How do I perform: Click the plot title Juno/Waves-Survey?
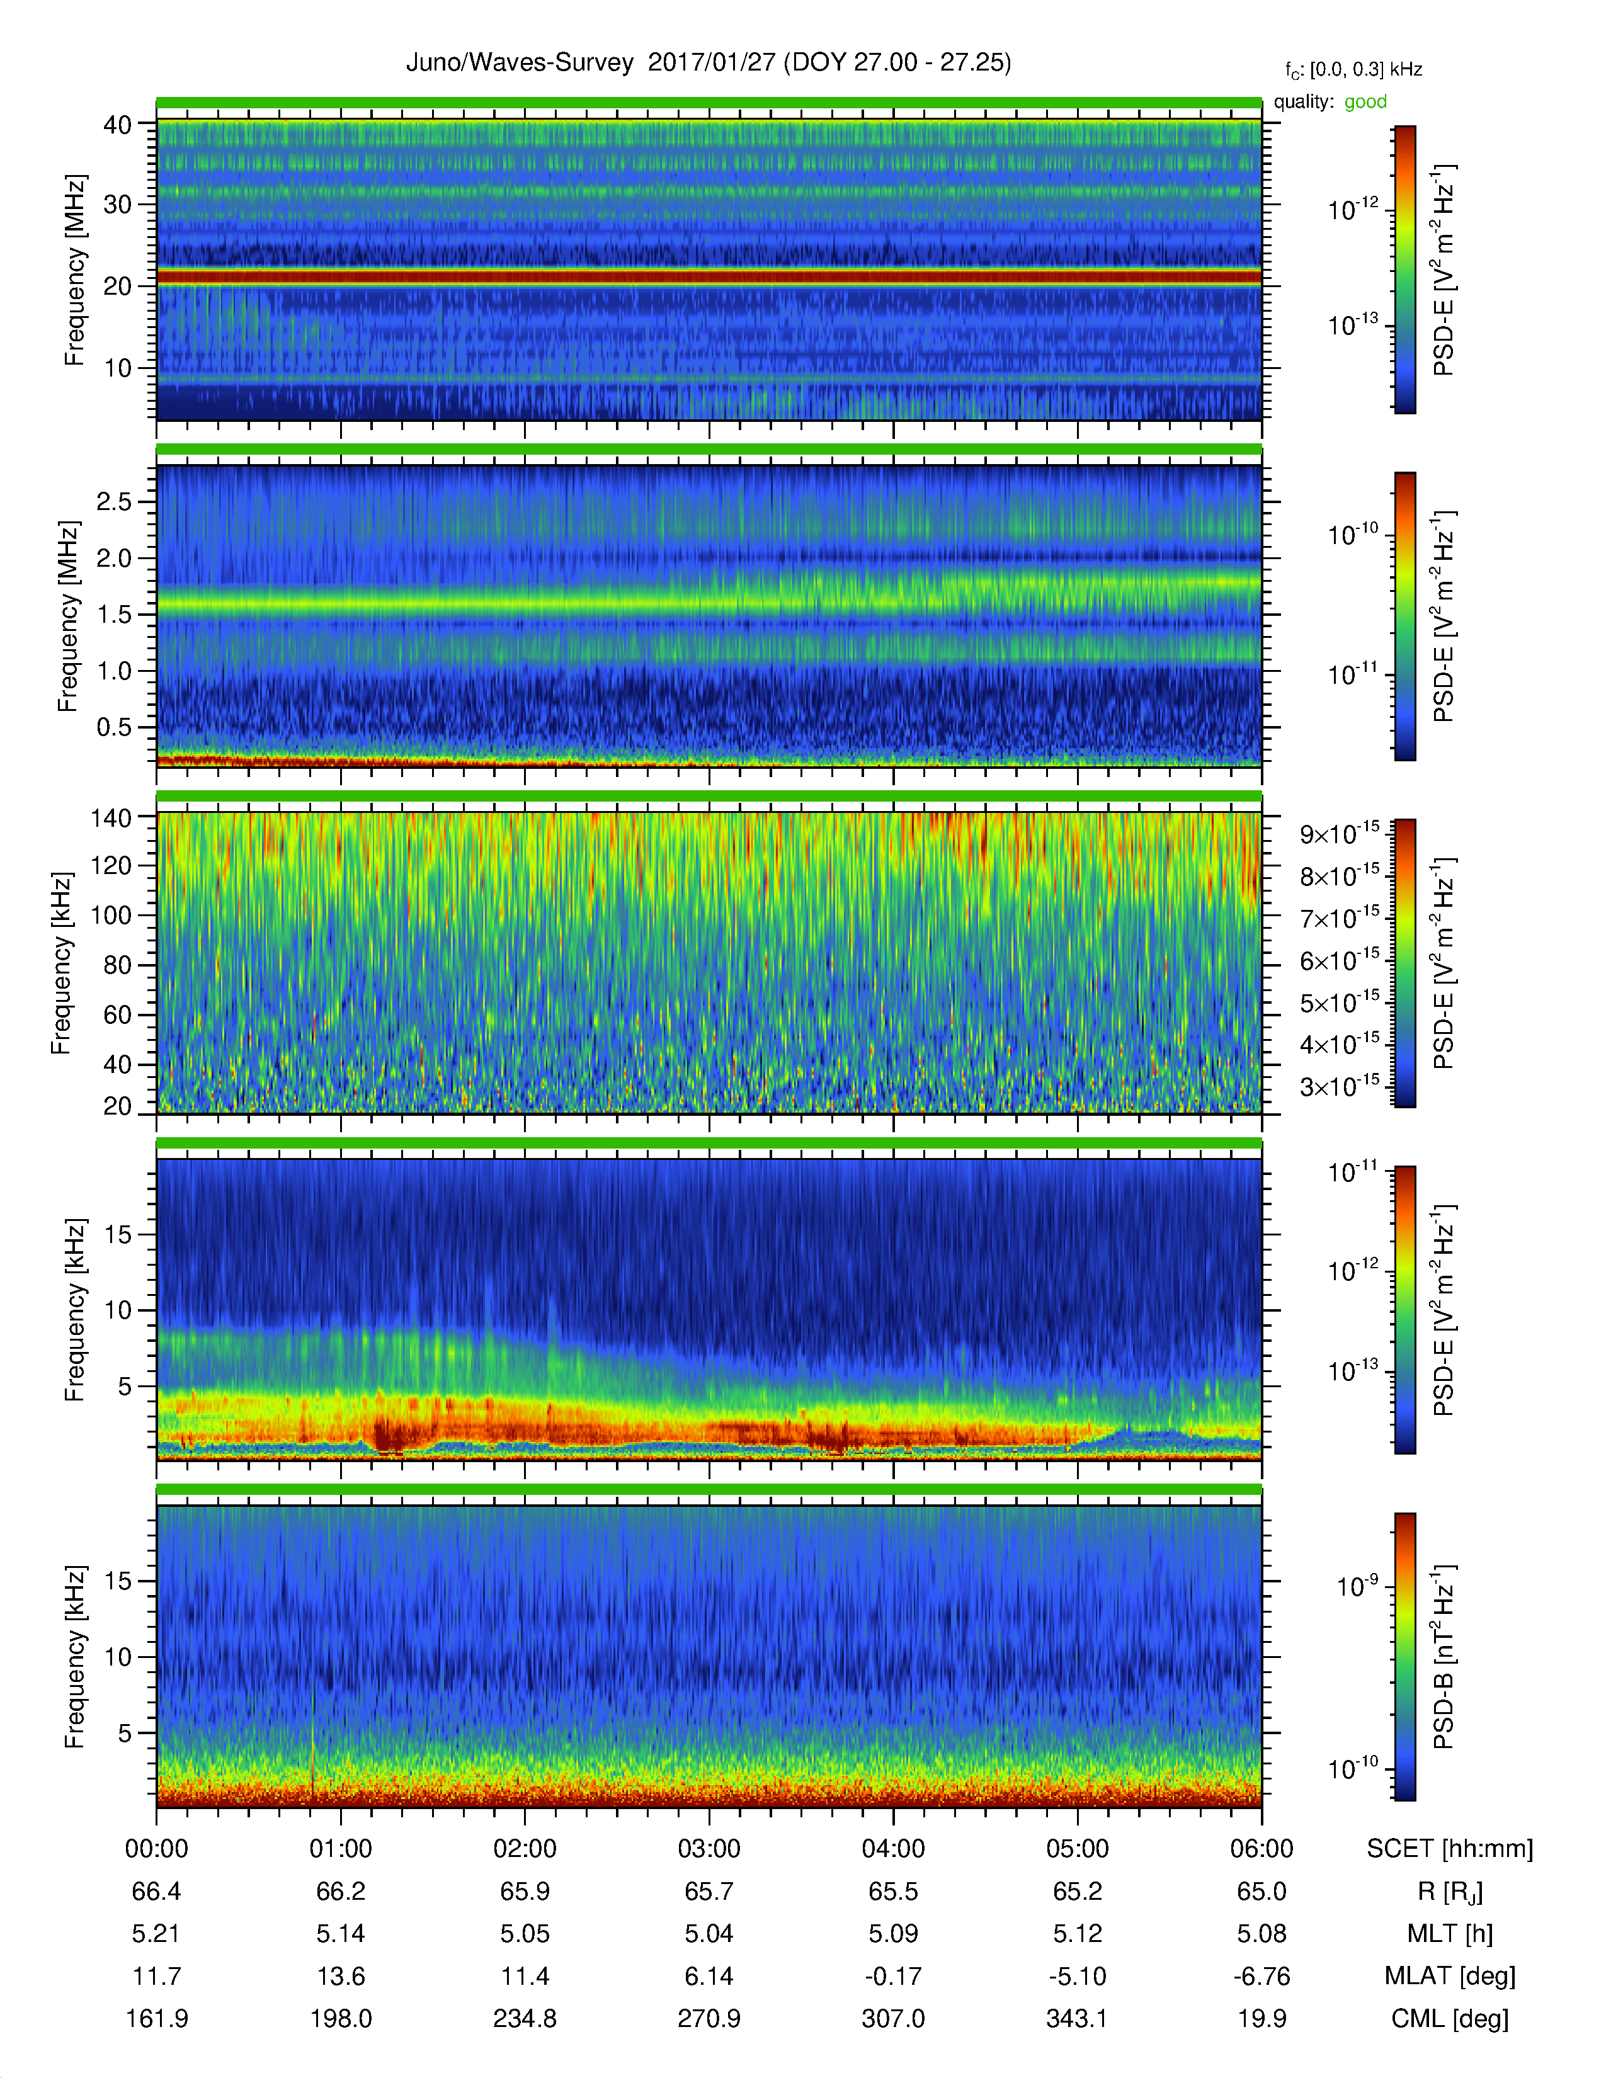click(520, 63)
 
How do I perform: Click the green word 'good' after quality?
click(1365, 102)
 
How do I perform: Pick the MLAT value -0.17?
click(894, 1976)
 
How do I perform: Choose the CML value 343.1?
click(1077, 2018)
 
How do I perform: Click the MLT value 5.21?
click(157, 1933)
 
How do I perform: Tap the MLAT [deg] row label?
click(1450, 1976)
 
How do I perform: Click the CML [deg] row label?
click(1450, 2018)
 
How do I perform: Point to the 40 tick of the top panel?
click(118, 125)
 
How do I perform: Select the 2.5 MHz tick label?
click(114, 501)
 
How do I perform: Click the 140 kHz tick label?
click(111, 817)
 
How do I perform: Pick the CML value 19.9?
click(1261, 2018)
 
